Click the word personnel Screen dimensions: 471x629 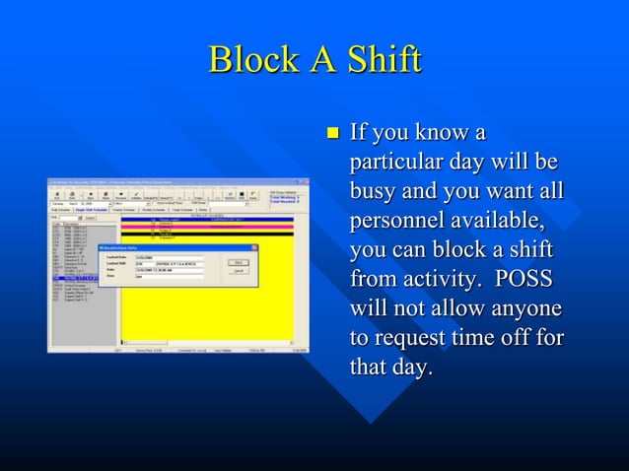(394, 220)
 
